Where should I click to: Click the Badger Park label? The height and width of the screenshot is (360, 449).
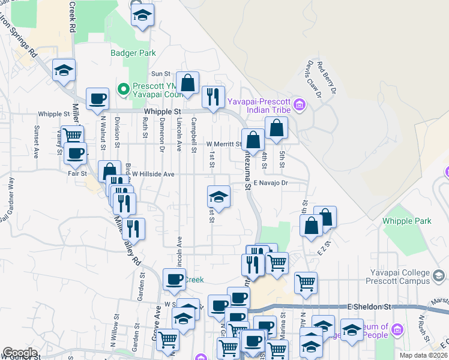[x=133, y=53]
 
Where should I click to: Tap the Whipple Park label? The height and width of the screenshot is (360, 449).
[x=407, y=221]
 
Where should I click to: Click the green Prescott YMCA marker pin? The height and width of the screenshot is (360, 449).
[x=124, y=89]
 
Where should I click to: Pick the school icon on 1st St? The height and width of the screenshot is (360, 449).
[x=218, y=196]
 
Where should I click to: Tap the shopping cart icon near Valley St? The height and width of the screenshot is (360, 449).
[x=72, y=135]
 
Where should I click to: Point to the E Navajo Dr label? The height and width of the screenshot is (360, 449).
[x=271, y=182]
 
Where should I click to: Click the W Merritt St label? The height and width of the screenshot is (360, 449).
[x=223, y=144]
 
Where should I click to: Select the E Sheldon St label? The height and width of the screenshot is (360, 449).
[x=369, y=307]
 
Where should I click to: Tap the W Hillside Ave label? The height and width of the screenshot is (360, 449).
[x=153, y=174]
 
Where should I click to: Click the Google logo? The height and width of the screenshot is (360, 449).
[x=19, y=353]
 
